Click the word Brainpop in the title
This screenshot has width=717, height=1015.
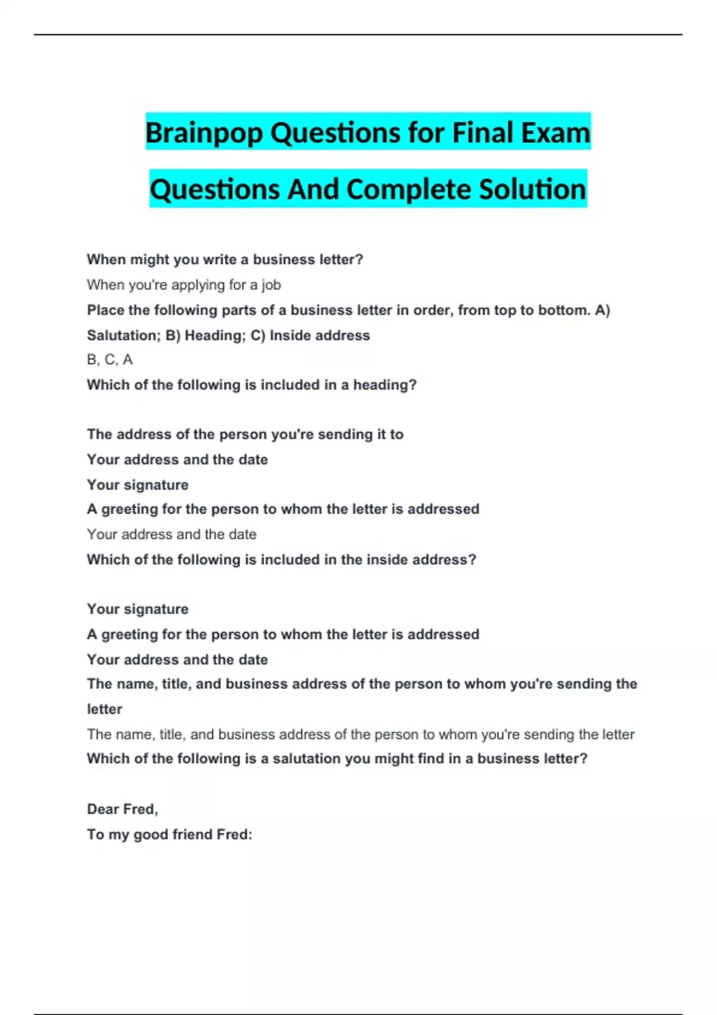pos(204,133)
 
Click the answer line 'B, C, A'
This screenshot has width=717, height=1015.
pos(110,359)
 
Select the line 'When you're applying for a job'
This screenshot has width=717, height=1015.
pos(183,285)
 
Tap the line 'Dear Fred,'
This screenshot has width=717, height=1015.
pos(122,809)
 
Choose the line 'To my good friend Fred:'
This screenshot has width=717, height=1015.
pos(170,834)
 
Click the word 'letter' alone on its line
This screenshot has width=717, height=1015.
pos(105,709)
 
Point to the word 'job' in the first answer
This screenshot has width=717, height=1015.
pos(271,285)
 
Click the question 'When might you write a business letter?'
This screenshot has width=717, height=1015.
pos(225,260)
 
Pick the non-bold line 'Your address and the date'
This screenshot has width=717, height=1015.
pos(171,534)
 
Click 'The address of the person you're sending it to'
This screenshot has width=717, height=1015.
pos(245,434)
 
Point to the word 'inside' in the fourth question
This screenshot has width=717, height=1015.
pos(384,560)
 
